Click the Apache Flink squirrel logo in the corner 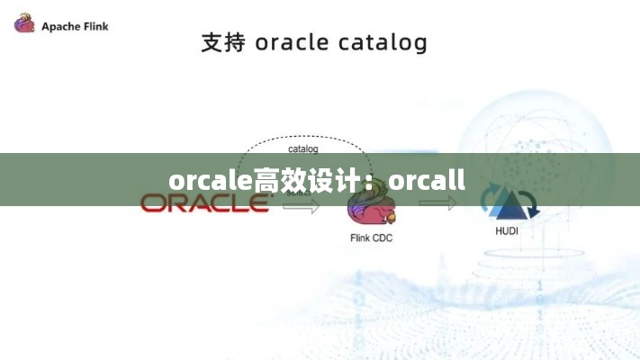[x=24, y=23]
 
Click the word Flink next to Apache [x=97, y=26]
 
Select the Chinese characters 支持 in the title [x=223, y=42]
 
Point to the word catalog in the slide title [x=383, y=43]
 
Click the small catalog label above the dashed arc [x=302, y=148]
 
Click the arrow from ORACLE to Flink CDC [x=302, y=206]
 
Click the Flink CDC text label [x=371, y=238]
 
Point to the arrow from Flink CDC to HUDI [x=437, y=204]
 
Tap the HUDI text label [x=507, y=230]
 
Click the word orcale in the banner [x=210, y=181]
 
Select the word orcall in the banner [x=428, y=181]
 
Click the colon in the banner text [x=377, y=183]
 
